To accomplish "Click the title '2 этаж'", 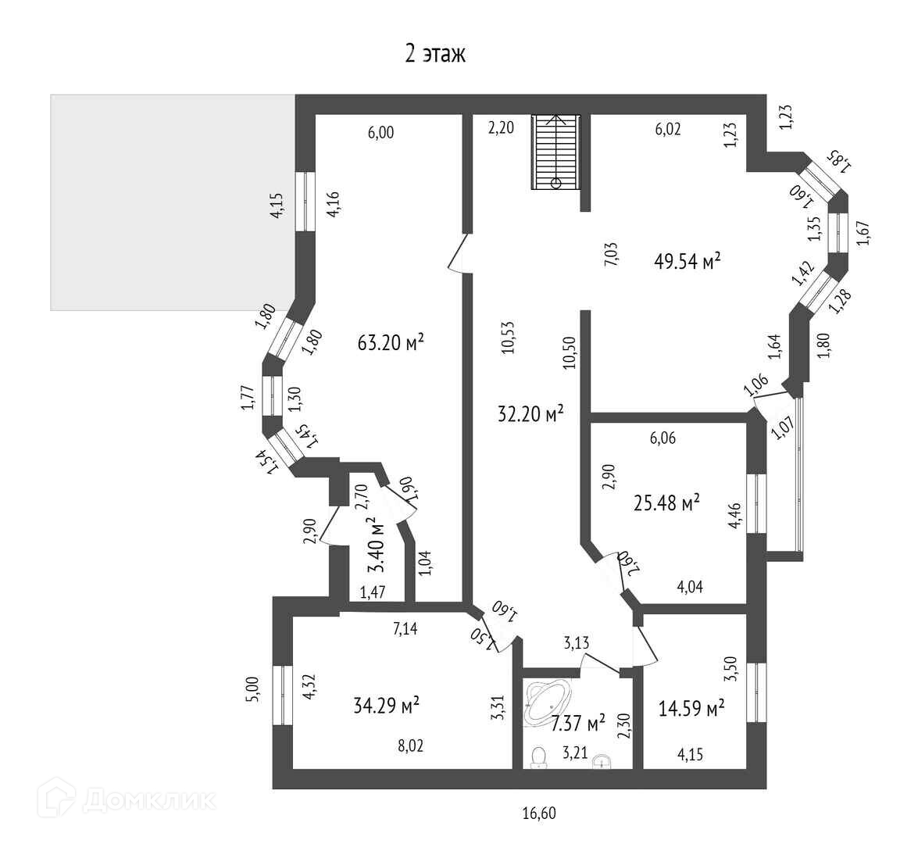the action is click(x=434, y=53).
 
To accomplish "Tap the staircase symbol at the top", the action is click(x=556, y=152).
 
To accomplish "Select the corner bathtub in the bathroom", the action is click(x=548, y=700).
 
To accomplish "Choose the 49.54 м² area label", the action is click(x=687, y=261).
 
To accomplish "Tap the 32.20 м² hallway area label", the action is click(x=530, y=414).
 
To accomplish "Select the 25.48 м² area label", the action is click(x=666, y=503).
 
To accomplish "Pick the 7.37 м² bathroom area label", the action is click(x=578, y=724).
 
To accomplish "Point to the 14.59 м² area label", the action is click(x=691, y=709).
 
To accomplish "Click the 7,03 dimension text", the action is click(x=612, y=255).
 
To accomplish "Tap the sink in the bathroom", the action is click(x=601, y=760).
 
